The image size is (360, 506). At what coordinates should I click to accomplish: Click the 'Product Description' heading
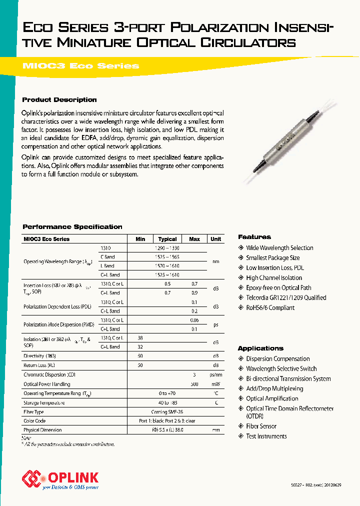tap(59, 99)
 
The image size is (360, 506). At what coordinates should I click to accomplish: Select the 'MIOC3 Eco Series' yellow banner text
tap(80, 66)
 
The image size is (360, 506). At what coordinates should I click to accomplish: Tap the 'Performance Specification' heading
tap(72, 226)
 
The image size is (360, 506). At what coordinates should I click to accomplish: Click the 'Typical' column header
tap(167, 239)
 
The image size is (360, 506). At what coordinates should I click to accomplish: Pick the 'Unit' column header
tap(215, 239)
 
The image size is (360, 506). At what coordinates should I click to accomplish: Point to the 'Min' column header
tap(140, 239)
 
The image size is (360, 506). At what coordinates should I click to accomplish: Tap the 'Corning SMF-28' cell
tap(167, 412)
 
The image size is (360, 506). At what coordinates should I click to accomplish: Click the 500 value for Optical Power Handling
tap(194, 384)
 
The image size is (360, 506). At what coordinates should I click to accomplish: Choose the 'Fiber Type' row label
tap(33, 412)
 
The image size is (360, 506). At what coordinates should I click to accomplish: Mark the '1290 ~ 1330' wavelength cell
tap(167, 248)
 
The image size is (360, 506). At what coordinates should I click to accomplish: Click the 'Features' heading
tap(254, 237)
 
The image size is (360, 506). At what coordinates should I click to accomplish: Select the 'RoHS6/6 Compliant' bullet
tap(270, 307)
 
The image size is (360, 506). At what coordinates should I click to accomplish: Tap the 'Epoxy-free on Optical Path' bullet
tap(278, 287)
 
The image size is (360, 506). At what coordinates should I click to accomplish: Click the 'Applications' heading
tap(260, 348)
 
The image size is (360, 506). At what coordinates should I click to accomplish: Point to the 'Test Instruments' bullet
tap(266, 436)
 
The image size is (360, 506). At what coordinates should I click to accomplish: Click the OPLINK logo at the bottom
tap(60, 479)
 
